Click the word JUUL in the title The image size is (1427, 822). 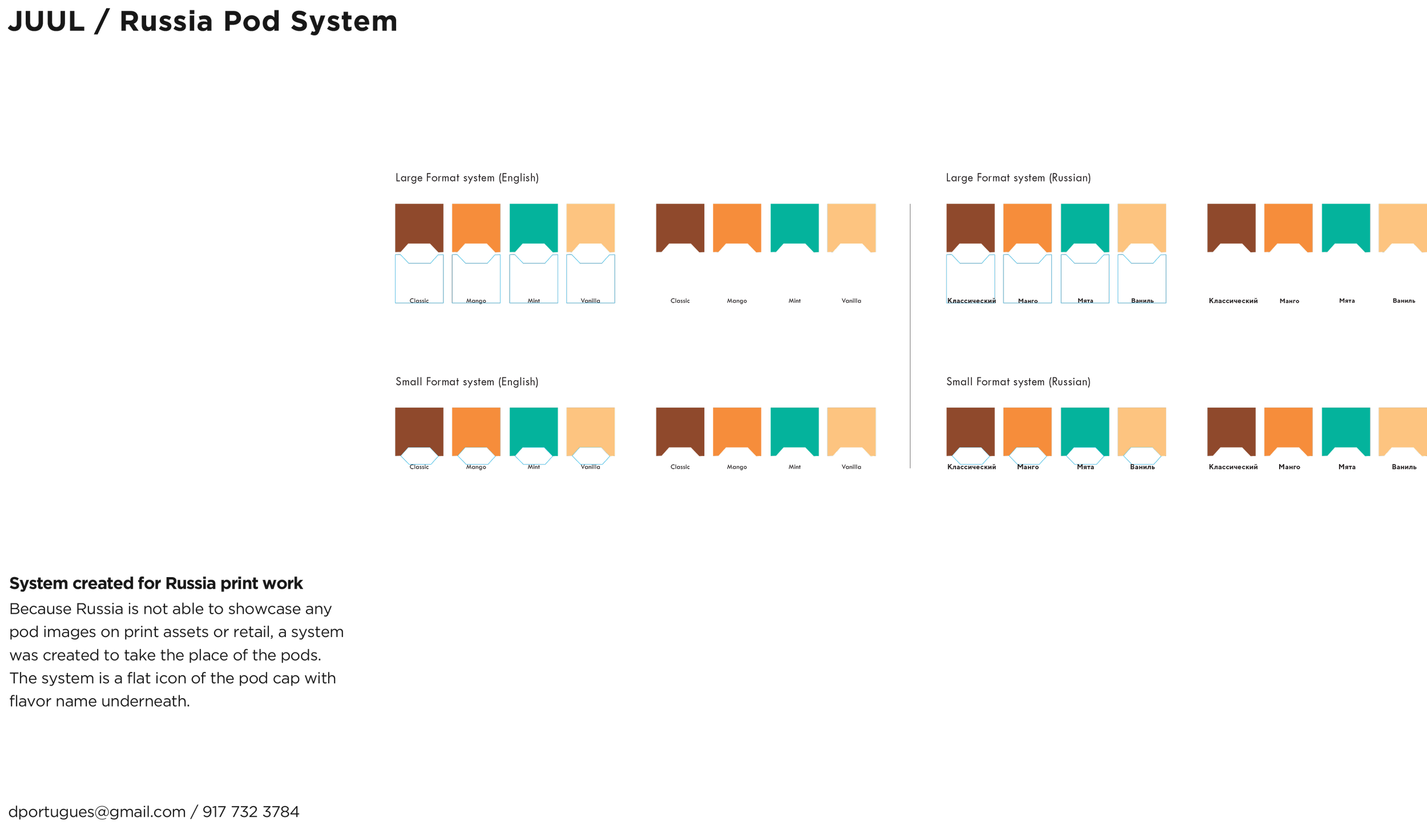pyautogui.click(x=46, y=22)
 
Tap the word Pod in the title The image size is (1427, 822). pyautogui.click(x=252, y=22)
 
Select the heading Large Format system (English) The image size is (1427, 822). pyautogui.click(x=467, y=178)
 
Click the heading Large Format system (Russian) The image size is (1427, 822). pyautogui.click(x=1018, y=178)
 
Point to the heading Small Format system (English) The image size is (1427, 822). pyautogui.click(x=467, y=381)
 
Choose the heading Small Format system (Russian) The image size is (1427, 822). pyautogui.click(x=1018, y=381)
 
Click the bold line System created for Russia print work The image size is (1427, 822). pyautogui.click(x=156, y=583)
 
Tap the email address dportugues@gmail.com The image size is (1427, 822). pyautogui.click(x=96, y=811)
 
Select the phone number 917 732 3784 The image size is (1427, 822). pyautogui.click(x=251, y=811)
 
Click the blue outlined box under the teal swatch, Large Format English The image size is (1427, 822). pyautogui.click(x=533, y=283)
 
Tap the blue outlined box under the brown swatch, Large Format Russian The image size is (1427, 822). pyautogui.click(x=970, y=283)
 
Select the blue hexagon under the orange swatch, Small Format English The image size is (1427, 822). pyautogui.click(x=476, y=456)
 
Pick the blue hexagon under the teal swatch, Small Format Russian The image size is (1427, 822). pyautogui.click(x=1085, y=456)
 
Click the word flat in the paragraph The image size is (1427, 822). pyautogui.click(x=138, y=678)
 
